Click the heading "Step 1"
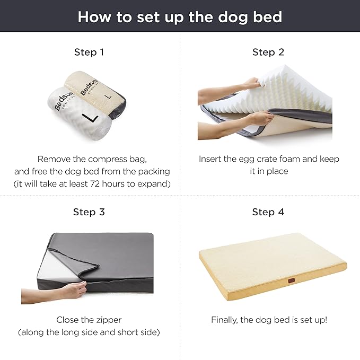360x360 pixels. pos(89,52)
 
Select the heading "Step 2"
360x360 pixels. pos(268,52)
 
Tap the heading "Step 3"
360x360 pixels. pos(89,212)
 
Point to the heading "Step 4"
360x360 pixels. pos(268,212)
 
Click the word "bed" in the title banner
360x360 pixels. pos(267,16)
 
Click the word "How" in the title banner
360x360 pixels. pos(96,16)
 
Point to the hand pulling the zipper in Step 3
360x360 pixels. pos(74,289)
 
